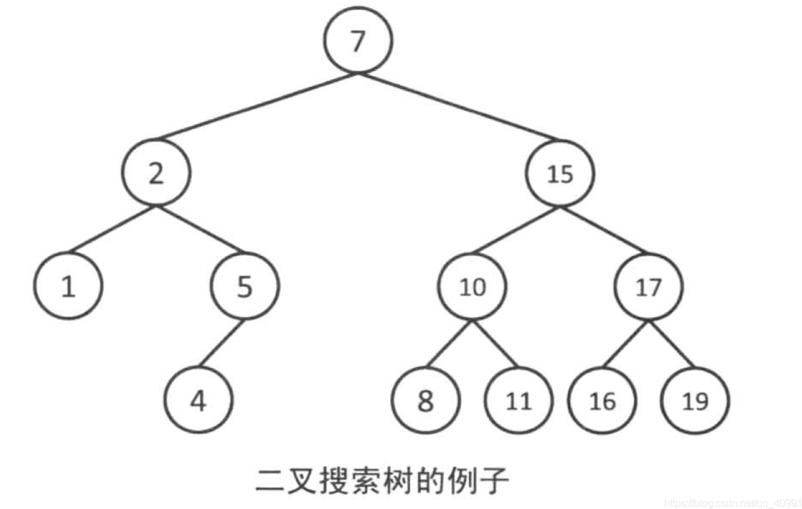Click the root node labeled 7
[x=357, y=40]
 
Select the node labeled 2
[x=157, y=172]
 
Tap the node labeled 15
[x=560, y=173]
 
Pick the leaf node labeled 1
[x=68, y=286]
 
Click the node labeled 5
[x=244, y=286]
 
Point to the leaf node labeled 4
[x=198, y=400]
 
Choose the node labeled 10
[x=472, y=287]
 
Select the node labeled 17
[x=648, y=287]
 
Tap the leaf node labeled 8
[x=426, y=400]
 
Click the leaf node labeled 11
[x=518, y=400]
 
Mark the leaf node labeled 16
[x=602, y=400]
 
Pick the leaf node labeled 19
[x=695, y=400]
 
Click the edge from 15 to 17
[x=604, y=230]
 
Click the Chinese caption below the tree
[x=382, y=481]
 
